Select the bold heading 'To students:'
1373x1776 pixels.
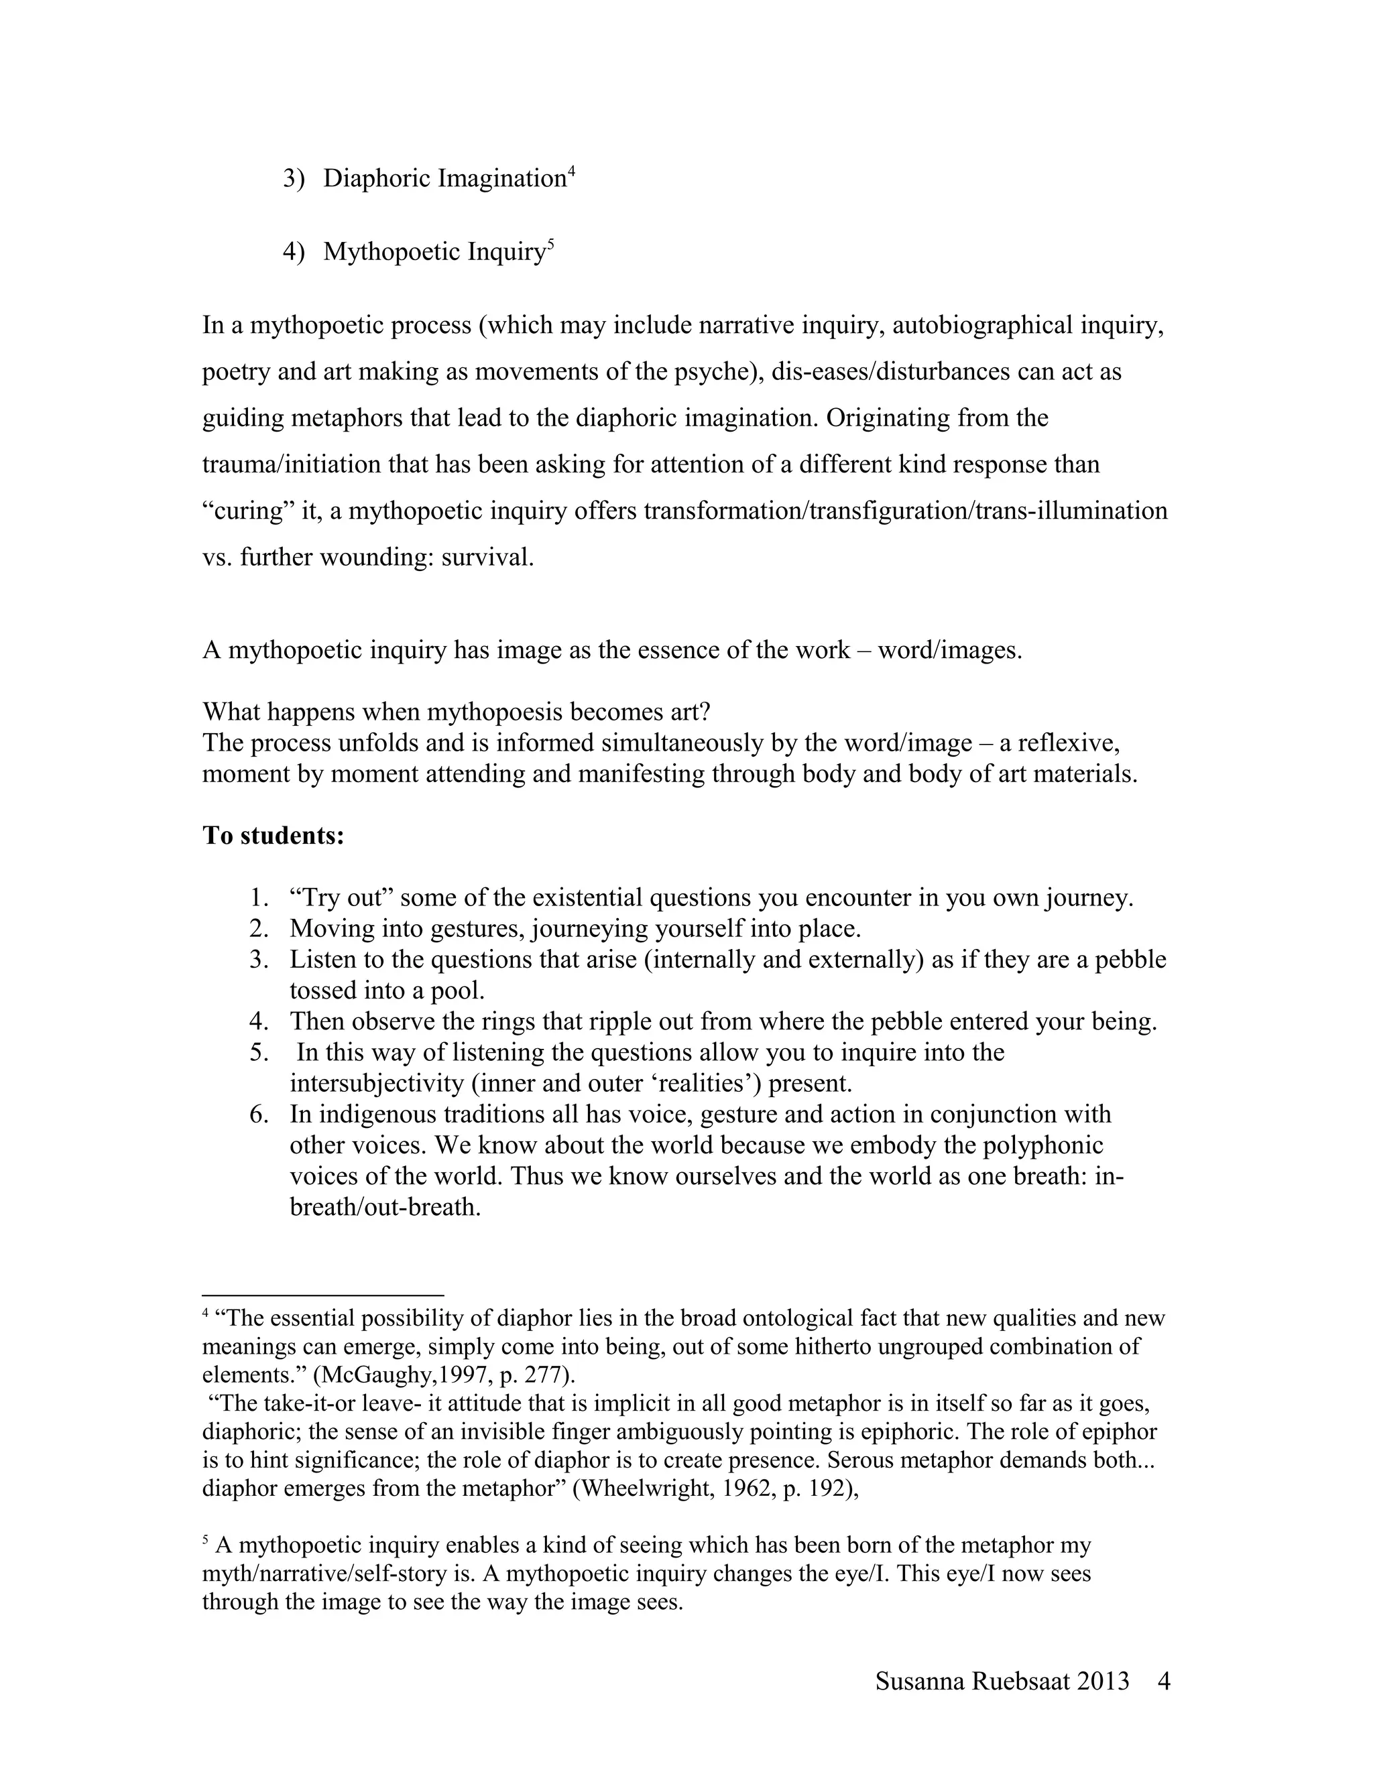(x=274, y=835)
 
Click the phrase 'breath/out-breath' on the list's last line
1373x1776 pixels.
(x=385, y=1207)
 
